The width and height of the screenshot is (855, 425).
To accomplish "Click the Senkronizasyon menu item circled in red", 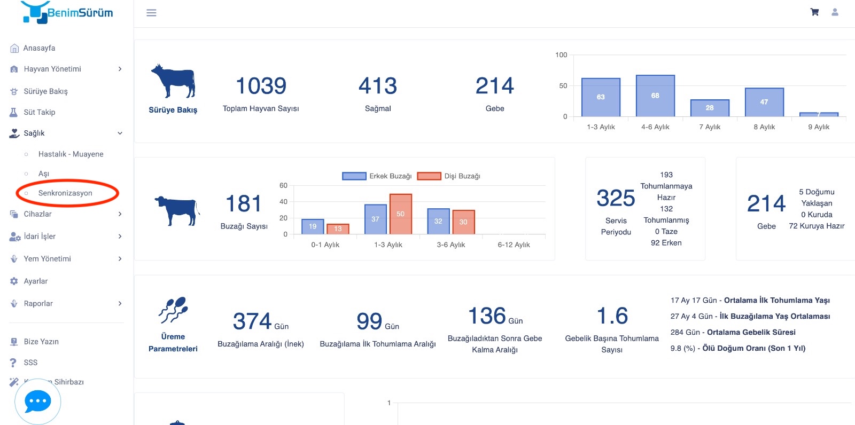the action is [65, 193].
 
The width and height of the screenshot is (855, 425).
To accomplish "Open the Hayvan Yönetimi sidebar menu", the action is [52, 69].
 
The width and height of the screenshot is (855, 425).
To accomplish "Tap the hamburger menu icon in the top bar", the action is [152, 13].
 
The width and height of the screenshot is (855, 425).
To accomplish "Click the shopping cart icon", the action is [814, 12].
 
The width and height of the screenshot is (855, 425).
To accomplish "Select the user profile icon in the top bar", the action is [835, 12].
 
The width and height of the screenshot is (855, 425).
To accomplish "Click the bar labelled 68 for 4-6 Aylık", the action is [655, 96].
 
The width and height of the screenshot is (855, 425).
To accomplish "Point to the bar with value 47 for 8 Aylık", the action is [764, 102].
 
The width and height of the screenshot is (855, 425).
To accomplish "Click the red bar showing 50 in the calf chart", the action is [401, 214].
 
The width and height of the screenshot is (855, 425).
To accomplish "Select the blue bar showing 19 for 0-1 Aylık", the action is [313, 226].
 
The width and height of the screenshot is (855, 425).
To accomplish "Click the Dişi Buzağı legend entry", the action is [449, 176].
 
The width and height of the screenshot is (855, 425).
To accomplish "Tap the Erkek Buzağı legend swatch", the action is [354, 176].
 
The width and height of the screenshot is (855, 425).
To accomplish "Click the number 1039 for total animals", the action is [261, 85].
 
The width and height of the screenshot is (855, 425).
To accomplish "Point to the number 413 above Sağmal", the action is [378, 85].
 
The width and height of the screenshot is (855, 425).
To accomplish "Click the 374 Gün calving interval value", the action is [261, 321].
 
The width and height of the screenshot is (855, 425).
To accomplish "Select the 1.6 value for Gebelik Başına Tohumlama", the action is [612, 316].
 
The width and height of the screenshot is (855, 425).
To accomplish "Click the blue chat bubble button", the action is [38, 402].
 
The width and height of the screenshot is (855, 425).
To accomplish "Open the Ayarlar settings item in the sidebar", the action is [35, 281].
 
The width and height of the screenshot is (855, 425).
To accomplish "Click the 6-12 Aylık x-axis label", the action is [514, 245].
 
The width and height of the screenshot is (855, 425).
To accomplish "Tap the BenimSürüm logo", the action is [67, 12].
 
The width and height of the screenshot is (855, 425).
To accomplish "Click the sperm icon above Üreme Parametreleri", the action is [173, 309].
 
